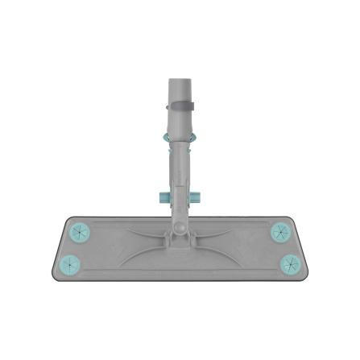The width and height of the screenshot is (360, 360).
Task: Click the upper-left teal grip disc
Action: coord(78,232)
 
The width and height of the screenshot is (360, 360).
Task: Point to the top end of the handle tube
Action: coord(180,80)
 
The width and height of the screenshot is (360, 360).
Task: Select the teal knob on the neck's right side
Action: coord(196,197)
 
